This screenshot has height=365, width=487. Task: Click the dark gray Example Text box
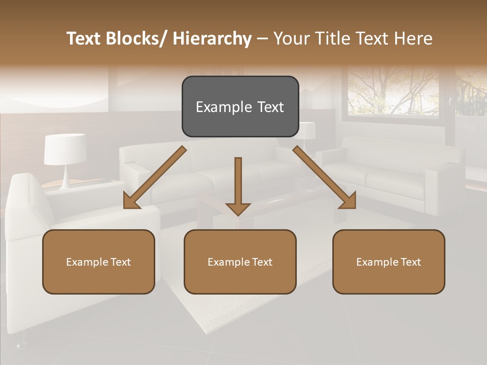point(240,106)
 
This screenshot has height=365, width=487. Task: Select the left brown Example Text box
point(98,262)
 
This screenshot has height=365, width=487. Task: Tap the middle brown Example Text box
point(240,262)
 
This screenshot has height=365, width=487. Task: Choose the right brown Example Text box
point(389,262)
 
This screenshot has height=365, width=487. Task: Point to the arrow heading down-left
point(155,178)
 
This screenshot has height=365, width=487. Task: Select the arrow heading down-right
point(324,177)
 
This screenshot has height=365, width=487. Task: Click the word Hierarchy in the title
point(212,39)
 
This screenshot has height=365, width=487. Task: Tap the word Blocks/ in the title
point(135,39)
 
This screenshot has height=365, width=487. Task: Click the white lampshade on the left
point(64,149)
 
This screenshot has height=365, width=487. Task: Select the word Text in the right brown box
point(410,262)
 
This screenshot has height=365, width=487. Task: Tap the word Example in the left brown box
point(87,262)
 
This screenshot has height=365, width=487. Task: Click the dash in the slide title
point(262,39)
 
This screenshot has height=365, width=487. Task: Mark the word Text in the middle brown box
point(261,262)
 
